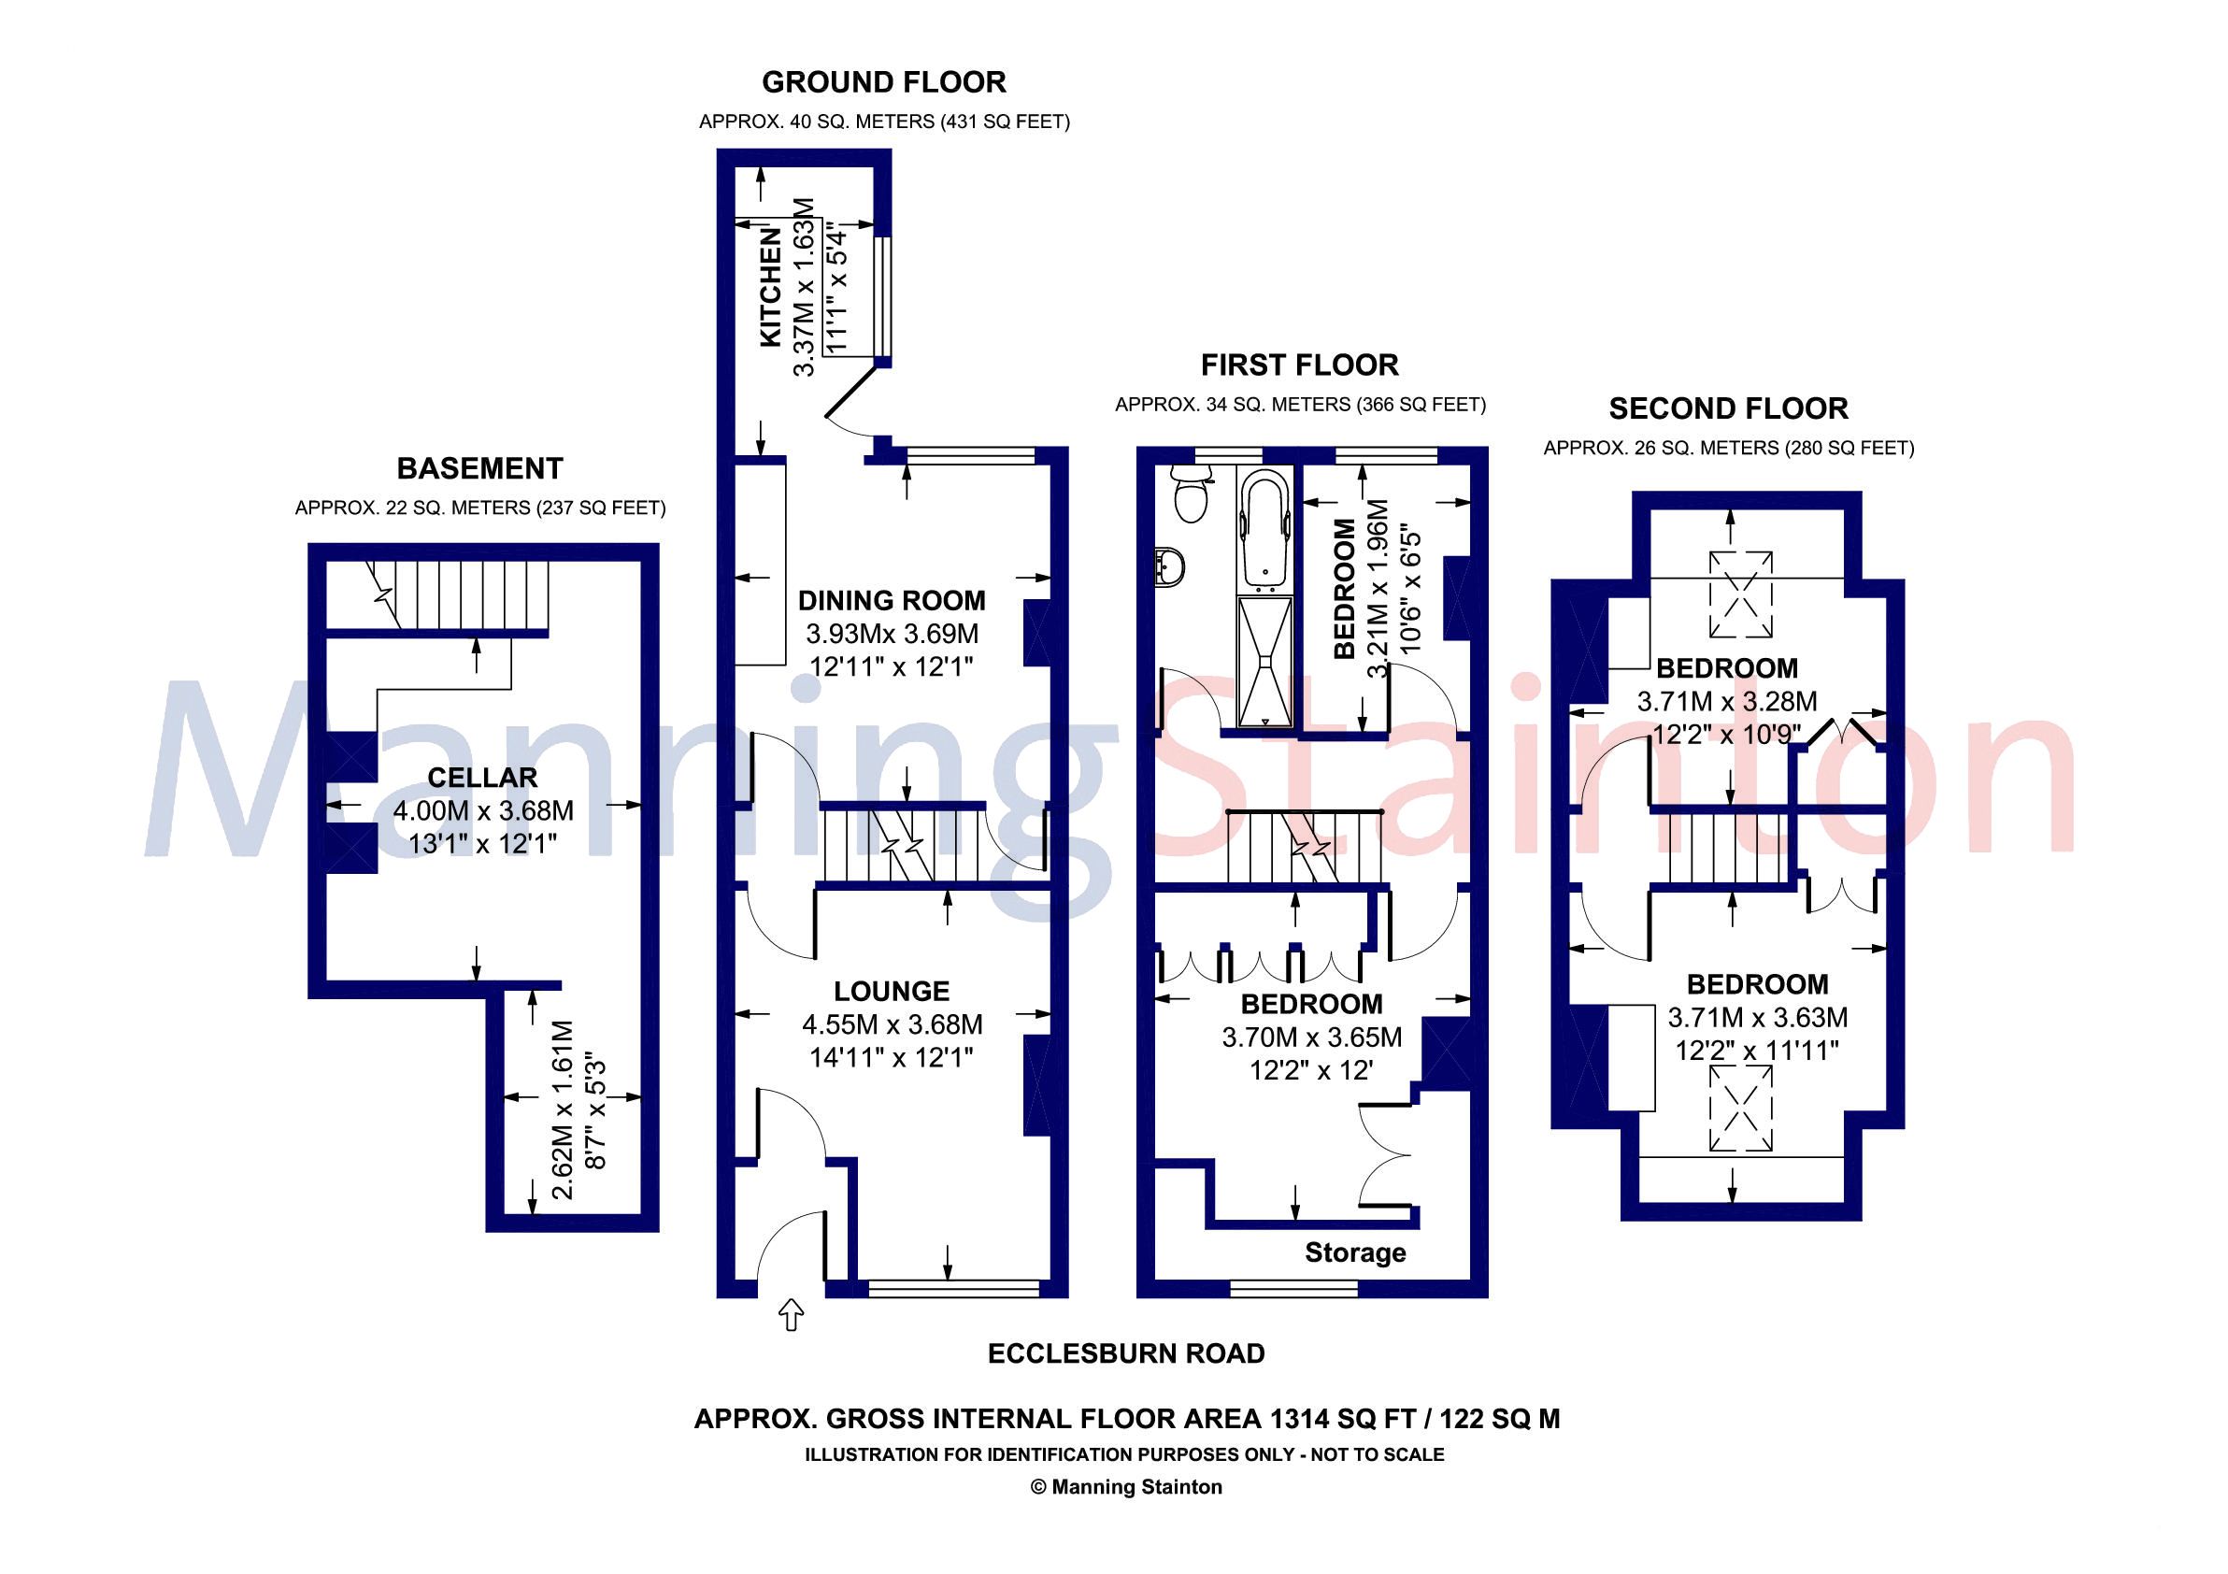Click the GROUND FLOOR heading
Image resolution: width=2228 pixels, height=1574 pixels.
[x=883, y=82]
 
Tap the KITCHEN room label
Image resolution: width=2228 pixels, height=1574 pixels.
[x=770, y=287]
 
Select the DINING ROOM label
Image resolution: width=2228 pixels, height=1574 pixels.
[x=891, y=601]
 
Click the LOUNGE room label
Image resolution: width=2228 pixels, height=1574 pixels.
[x=891, y=991]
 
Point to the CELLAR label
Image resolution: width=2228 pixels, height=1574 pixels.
[x=482, y=778]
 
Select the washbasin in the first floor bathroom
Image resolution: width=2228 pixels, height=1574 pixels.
[x=1170, y=566]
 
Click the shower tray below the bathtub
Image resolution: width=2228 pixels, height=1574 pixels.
[x=1264, y=661]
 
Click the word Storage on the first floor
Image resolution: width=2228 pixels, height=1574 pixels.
[x=1355, y=1252]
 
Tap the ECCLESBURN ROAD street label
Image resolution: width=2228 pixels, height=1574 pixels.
[x=1125, y=1353]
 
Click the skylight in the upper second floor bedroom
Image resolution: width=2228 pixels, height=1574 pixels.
[x=1741, y=594]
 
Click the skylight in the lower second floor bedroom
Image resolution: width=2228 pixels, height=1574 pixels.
[x=1741, y=1109]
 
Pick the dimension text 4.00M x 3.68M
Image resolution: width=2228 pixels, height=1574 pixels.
[x=482, y=810]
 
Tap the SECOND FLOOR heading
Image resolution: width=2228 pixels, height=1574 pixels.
[x=1728, y=408]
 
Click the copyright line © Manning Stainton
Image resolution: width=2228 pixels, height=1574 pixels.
[x=1125, y=1487]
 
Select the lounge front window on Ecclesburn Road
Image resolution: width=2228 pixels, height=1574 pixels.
[x=953, y=1289]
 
